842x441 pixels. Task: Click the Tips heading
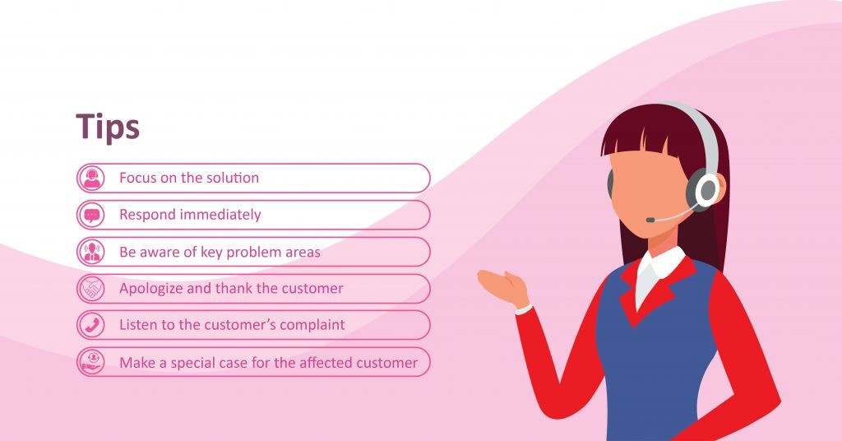[108, 128]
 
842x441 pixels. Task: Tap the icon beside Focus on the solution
[92, 178]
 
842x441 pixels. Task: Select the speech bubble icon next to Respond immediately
[92, 215]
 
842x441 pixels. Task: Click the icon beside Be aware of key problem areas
[92, 252]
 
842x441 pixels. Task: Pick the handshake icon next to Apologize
[92, 289]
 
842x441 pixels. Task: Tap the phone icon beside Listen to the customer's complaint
[92, 325]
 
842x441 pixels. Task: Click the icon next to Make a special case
[92, 362]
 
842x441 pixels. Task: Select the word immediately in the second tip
[220, 215]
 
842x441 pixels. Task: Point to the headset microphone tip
[650, 220]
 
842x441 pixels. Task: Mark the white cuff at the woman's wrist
[524, 310]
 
